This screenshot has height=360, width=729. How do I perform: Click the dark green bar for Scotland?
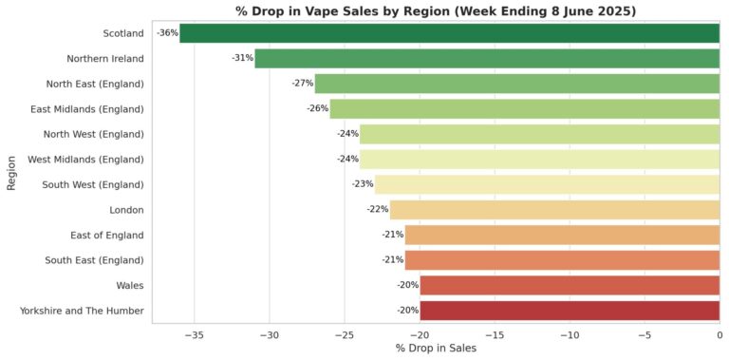click(449, 33)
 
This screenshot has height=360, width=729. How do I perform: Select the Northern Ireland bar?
click(487, 58)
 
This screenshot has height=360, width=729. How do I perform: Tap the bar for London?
click(554, 209)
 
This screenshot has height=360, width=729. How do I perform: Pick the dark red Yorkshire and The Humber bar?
click(570, 310)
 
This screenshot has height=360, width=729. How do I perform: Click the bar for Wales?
click(570, 285)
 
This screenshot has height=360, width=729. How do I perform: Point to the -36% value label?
click(167, 33)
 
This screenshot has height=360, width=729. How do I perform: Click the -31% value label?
click(242, 58)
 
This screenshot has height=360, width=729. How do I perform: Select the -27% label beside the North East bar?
click(303, 84)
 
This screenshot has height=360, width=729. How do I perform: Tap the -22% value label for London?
click(378, 209)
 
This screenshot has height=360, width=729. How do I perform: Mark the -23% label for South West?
click(363, 184)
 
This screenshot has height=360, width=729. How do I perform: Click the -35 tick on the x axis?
click(194, 335)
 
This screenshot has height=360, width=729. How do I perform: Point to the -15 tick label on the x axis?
click(494, 335)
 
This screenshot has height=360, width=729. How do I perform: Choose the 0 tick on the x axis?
click(719, 335)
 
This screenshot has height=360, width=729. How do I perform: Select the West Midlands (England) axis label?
click(85, 159)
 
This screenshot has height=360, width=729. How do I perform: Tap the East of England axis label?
click(106, 235)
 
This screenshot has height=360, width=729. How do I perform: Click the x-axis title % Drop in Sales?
click(435, 350)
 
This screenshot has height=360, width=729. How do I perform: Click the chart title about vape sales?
click(435, 10)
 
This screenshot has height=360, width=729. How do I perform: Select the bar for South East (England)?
click(562, 259)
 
